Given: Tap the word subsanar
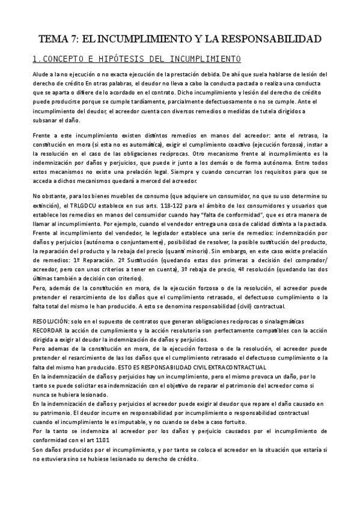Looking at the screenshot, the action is click(x=46, y=121).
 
